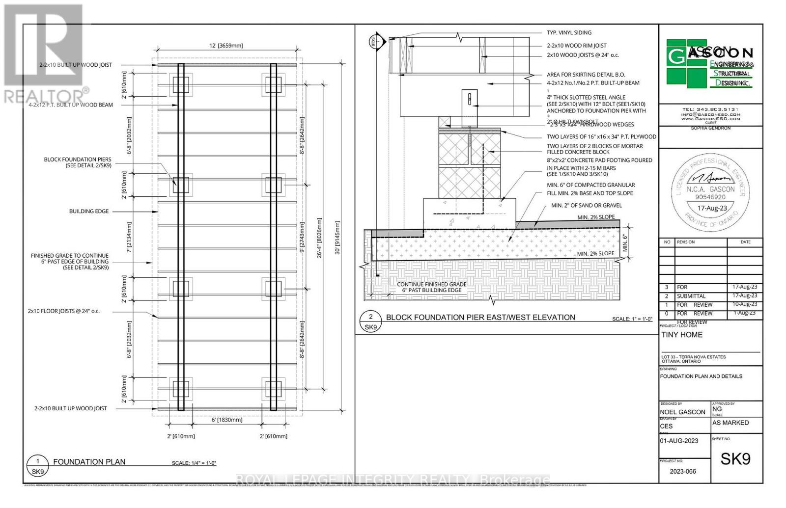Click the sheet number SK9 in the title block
pyautogui.click(x=735, y=459)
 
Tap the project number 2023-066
pyautogui.click(x=683, y=471)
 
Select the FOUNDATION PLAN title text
pyautogui.click(x=89, y=462)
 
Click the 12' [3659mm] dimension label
pyautogui.click(x=226, y=46)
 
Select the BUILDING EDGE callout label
pyautogui.click(x=88, y=211)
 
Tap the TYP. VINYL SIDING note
pyautogui.click(x=569, y=32)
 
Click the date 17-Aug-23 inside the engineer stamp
pyautogui.click(x=712, y=208)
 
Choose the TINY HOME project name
pyautogui.click(x=682, y=335)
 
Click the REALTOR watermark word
pyautogui.click(x=44, y=96)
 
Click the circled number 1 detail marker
pyautogui.click(x=38, y=461)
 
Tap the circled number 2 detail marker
pyautogui.click(x=371, y=317)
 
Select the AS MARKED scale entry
pyautogui.click(x=730, y=423)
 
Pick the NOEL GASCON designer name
pyautogui.click(x=682, y=412)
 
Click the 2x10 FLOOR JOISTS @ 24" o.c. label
pyautogui.click(x=64, y=311)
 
